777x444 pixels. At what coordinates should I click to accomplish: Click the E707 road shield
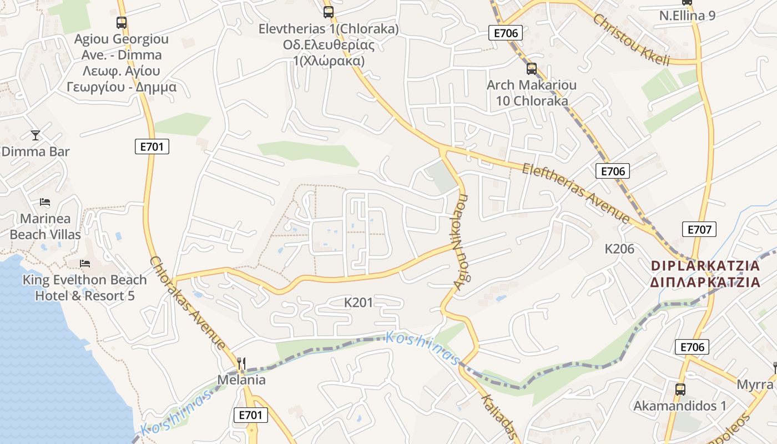pos(699,229)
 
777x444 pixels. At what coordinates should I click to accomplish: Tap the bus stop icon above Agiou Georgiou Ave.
pos(122,23)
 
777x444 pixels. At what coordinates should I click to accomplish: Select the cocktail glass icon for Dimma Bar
pos(36,135)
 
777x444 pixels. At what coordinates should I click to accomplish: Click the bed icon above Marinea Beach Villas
pos(45,203)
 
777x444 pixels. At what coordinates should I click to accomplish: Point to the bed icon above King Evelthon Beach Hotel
pos(84,263)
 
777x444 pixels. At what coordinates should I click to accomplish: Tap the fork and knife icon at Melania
pos(241,364)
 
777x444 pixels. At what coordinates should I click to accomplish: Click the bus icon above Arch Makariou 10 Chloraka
pos(532,69)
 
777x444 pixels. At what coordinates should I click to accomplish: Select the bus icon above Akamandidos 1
pos(680,389)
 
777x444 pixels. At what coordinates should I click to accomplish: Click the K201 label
pos(359,302)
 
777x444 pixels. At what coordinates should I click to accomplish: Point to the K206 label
pos(619,249)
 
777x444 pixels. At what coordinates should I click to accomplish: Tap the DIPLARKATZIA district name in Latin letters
pos(705,266)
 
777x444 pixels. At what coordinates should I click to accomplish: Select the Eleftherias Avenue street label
pos(576,193)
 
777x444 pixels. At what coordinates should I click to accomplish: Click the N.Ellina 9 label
pos(687,16)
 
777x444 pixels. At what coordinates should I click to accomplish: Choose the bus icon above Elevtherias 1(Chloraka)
pos(329,12)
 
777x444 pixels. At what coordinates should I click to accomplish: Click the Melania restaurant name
pos(241,380)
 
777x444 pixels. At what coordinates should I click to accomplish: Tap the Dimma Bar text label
pos(36,152)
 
